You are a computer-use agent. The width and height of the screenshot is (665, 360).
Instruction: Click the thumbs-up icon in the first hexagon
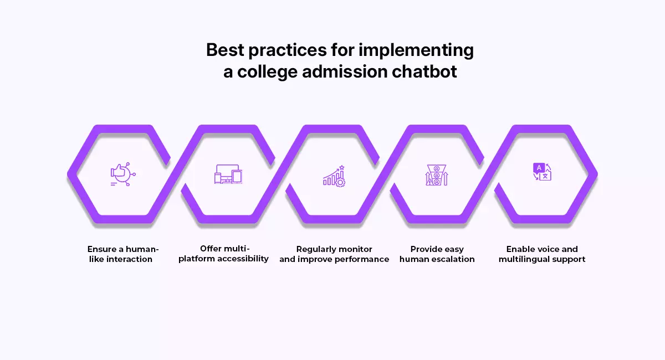pos(122,174)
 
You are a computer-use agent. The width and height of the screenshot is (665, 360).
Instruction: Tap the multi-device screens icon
pos(228,174)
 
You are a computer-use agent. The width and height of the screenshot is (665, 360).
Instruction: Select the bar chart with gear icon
pos(334,175)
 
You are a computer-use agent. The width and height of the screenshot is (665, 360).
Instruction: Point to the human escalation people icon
pos(436,175)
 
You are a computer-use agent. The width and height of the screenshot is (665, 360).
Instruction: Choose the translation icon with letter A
pos(542,172)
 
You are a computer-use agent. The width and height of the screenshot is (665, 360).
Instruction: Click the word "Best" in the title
pos(225,50)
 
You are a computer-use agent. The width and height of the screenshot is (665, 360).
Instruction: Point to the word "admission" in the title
pos(340,72)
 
